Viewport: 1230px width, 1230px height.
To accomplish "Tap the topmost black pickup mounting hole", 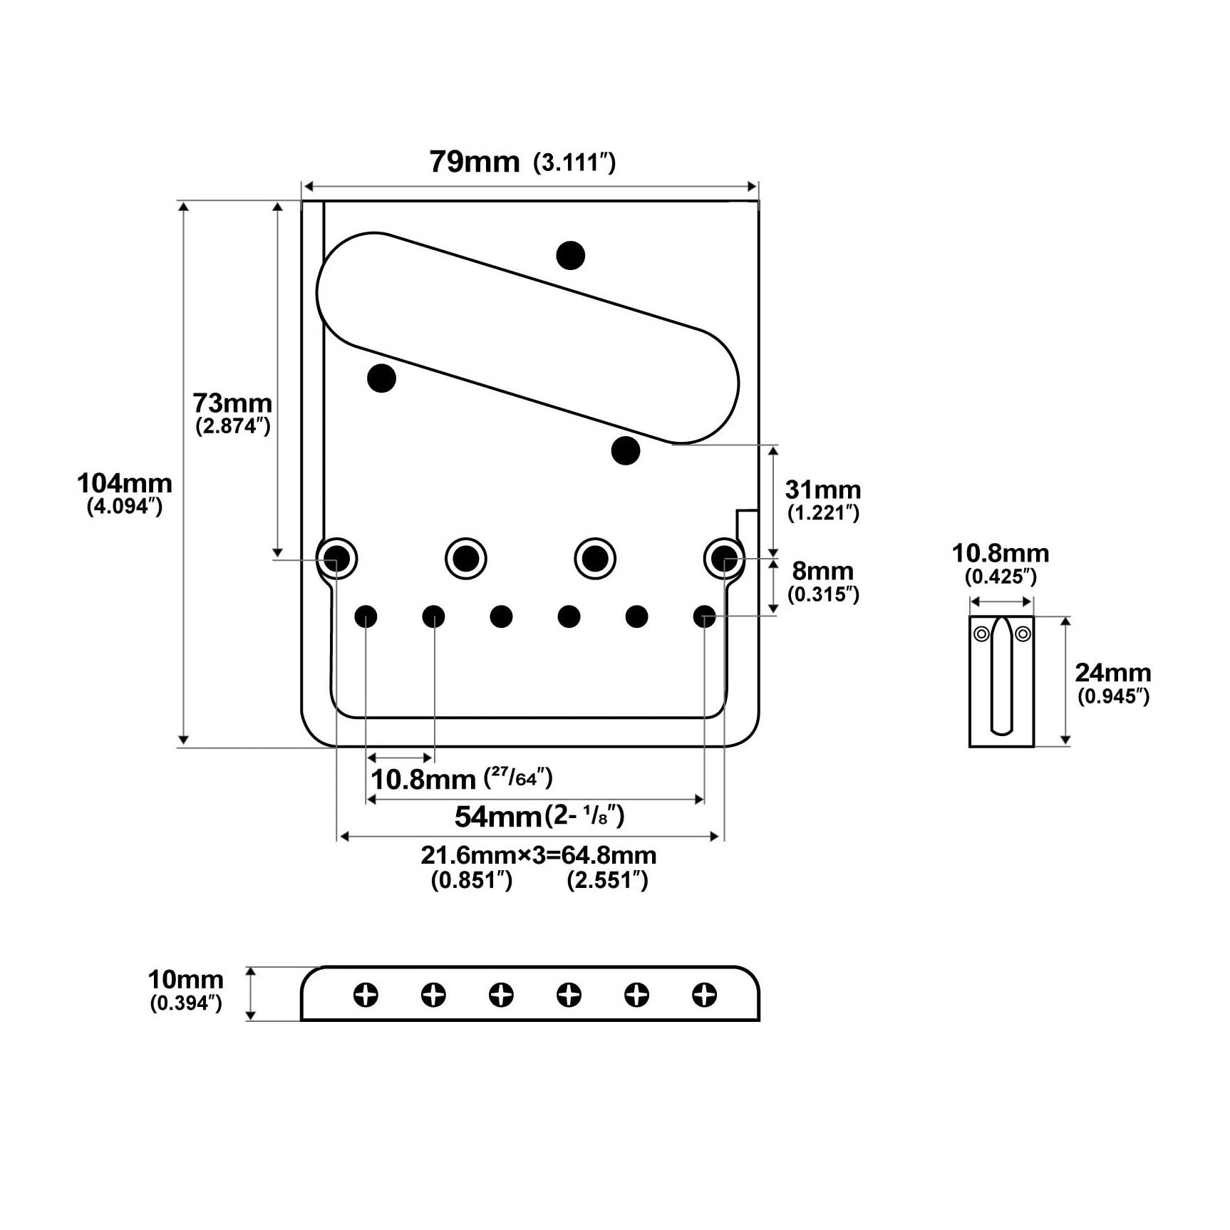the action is click(571, 255).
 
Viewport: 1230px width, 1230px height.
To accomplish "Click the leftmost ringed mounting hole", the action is click(337, 557).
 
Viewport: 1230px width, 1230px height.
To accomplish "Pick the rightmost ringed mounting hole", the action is click(724, 557).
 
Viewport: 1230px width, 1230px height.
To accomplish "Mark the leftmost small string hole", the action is click(366, 616).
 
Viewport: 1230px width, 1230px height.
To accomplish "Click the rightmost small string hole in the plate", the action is click(704, 616).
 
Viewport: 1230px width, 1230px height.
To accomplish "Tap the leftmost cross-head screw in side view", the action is click(366, 995).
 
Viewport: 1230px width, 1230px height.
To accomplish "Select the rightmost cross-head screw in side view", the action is click(704, 995).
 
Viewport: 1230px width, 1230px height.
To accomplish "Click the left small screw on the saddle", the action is click(981, 634).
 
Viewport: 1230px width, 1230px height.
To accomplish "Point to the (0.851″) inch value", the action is click(472, 880).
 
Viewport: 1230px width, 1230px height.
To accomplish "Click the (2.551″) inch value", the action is click(608, 880).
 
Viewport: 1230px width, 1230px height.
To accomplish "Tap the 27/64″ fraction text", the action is click(519, 777).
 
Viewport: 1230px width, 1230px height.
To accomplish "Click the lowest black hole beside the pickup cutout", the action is click(626, 450).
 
